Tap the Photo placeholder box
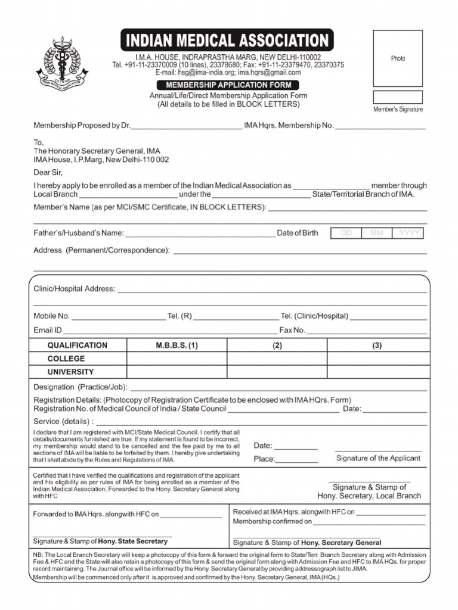point(398,58)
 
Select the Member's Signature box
point(398,97)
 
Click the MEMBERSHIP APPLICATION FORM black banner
point(228,85)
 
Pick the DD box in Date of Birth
point(346,234)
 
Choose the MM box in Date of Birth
point(377,234)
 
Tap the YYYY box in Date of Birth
point(409,234)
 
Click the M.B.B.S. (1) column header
point(177,346)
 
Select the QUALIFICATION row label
point(78,346)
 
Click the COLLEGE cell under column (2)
point(277,359)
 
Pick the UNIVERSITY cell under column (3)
point(377,372)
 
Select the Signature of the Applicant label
point(378,458)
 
